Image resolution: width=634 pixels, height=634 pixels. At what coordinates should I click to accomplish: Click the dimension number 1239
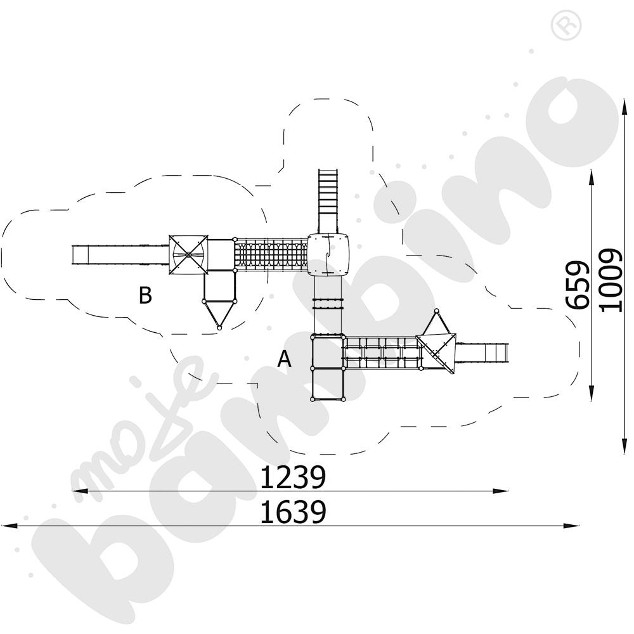[x=292, y=477]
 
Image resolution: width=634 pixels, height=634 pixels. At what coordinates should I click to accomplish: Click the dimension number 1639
[x=292, y=512]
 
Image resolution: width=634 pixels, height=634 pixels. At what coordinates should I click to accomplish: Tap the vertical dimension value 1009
[x=611, y=280]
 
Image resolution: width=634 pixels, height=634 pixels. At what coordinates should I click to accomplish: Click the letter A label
[x=284, y=359]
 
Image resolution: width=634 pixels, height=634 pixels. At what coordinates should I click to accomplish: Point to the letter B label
[x=145, y=295]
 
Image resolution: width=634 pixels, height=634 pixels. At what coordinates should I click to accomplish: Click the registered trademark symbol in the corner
[x=566, y=25]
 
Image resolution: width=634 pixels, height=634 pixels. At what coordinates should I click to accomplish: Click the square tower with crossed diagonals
[x=188, y=255]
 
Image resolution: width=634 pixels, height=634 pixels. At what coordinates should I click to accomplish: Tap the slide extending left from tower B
[x=120, y=255]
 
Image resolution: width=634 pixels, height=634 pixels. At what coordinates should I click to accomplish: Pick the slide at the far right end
[x=482, y=353]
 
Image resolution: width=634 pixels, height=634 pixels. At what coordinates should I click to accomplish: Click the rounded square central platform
[x=328, y=254]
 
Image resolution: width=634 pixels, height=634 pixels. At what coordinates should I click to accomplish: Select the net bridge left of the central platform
[x=271, y=255]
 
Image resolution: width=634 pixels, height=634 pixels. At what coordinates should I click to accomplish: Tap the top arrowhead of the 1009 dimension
[x=626, y=106]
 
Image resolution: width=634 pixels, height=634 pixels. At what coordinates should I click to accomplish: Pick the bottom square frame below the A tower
[x=328, y=384]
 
